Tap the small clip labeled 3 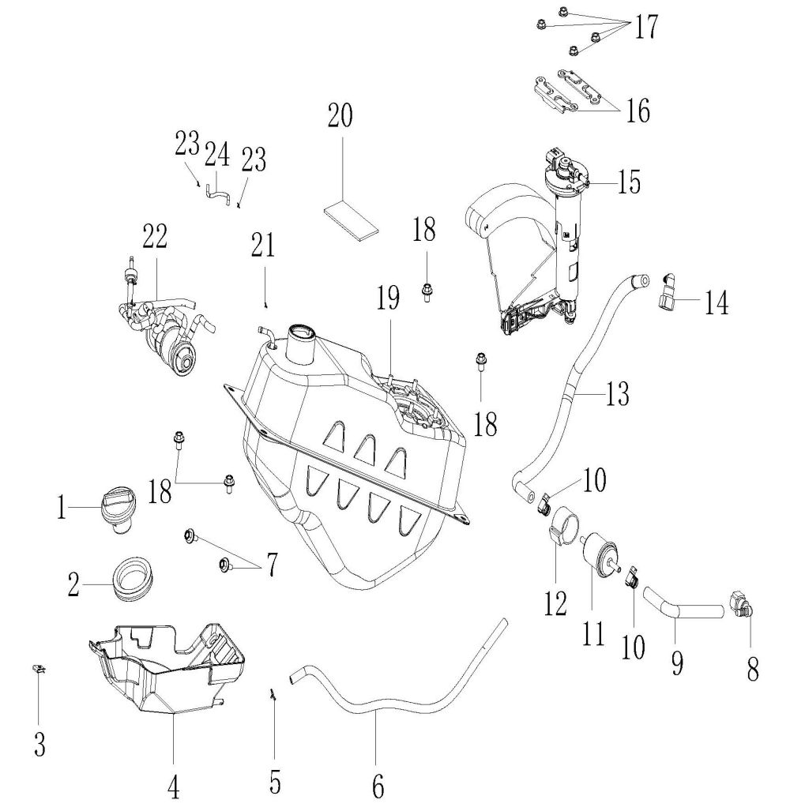tap(38, 670)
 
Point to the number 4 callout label tap(173, 789)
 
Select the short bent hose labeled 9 tap(682, 603)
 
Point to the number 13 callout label tap(616, 395)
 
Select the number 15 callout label tap(629, 182)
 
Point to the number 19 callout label tap(388, 298)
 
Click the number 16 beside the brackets tap(638, 111)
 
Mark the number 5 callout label tap(275, 781)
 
